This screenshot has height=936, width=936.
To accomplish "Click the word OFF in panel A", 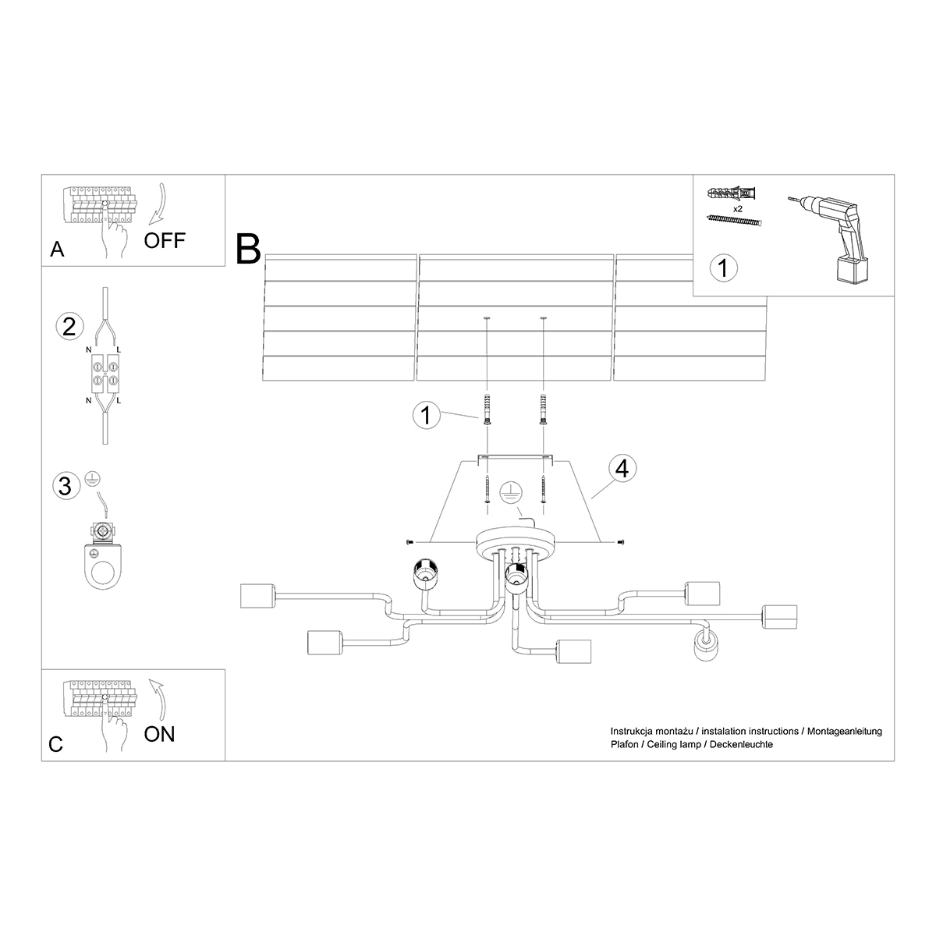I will [x=165, y=239].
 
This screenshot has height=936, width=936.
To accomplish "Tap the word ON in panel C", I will [x=160, y=733].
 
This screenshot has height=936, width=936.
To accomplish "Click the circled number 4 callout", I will [x=622, y=468].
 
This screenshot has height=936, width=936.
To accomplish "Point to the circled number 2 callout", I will [x=69, y=326].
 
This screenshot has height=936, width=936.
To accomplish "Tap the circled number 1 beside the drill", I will [x=723, y=268].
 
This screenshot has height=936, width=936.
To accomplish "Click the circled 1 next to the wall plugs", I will [x=425, y=415].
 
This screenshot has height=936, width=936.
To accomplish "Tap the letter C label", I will [x=55, y=744].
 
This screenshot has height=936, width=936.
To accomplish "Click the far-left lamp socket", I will [x=256, y=597].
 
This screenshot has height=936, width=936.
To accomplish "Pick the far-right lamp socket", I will [x=781, y=617].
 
